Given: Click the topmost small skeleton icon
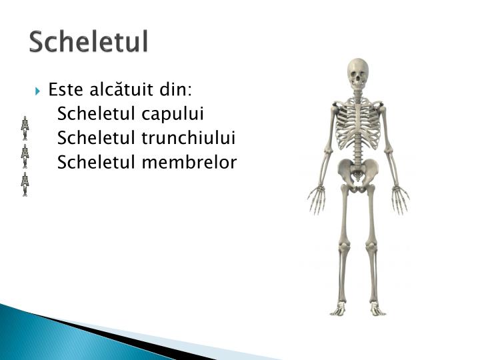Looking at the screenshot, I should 25,127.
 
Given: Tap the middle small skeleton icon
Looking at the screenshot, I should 25,155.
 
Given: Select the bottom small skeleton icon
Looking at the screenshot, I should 25,183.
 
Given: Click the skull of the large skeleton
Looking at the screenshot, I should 358,73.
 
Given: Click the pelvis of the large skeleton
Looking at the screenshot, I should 358,172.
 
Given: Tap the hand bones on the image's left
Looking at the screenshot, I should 316,199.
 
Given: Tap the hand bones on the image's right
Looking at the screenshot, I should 401,199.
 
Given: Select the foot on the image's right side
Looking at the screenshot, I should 377,309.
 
